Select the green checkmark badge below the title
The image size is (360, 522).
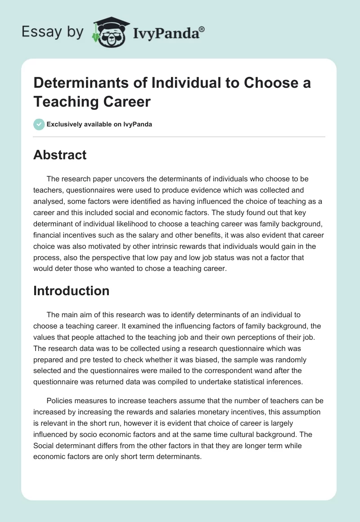pyautogui.click(x=39, y=124)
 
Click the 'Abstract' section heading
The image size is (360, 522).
pyautogui.click(x=60, y=155)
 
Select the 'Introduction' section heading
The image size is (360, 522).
pyautogui.click(x=71, y=291)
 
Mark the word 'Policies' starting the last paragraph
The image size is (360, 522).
pyautogui.click(x=61, y=401)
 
